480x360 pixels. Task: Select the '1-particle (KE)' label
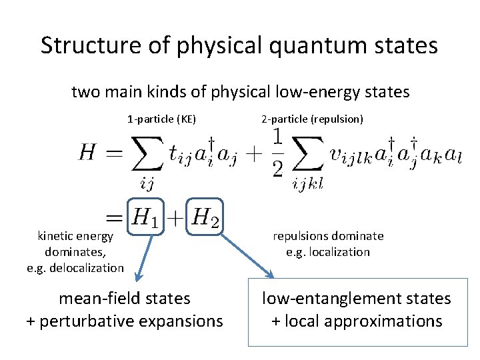point(161,120)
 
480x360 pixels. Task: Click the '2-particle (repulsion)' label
point(312,120)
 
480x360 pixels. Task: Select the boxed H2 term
point(204,217)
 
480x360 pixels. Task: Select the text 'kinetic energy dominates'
point(76,243)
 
